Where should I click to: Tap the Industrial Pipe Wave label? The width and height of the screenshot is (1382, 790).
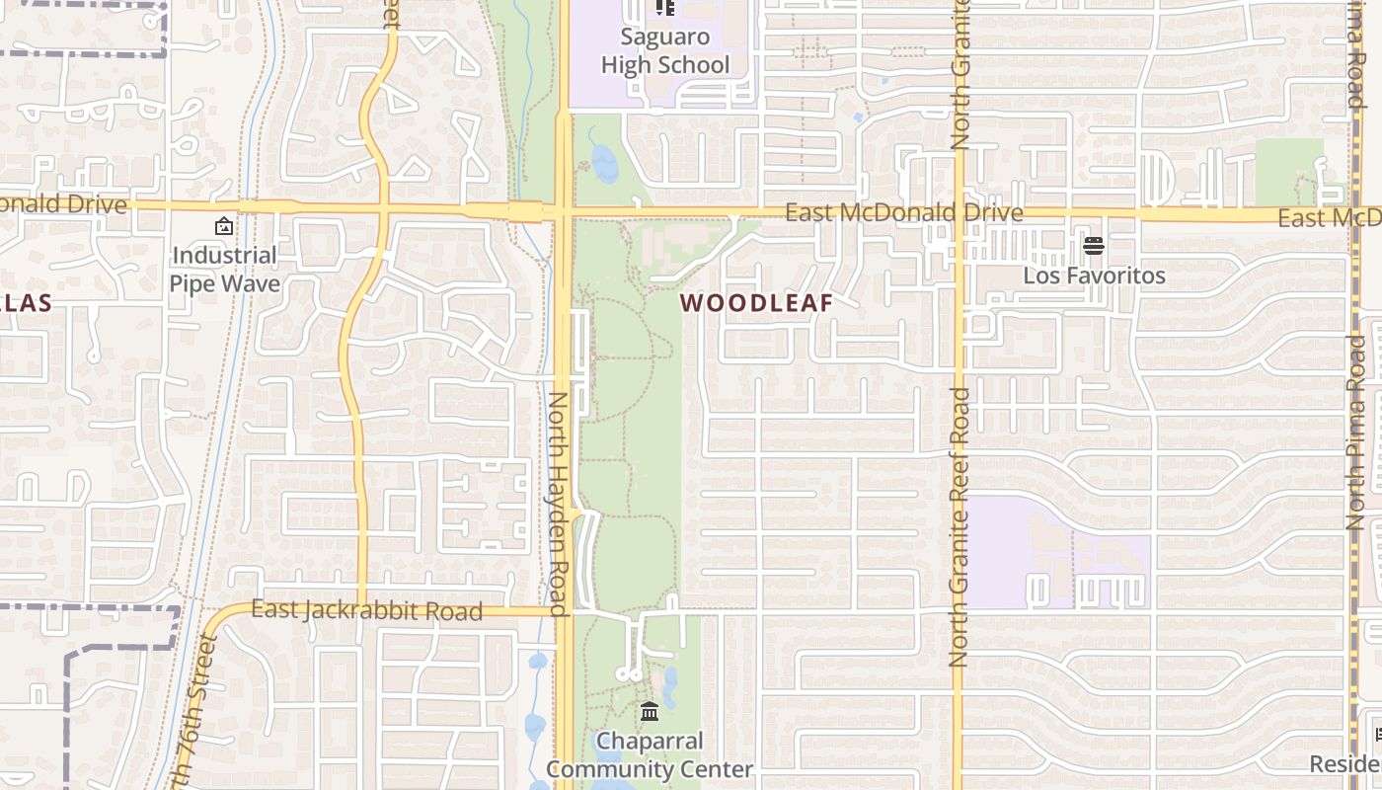coord(224,270)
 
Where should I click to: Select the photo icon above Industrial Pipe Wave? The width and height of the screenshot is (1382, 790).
coord(224,226)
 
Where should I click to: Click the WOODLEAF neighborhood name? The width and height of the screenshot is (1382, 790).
coord(757,303)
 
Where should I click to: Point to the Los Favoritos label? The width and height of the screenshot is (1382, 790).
coord(1094,276)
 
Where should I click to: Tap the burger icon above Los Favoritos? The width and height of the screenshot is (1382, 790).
coord(1093,245)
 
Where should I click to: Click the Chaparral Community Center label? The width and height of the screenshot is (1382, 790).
coord(650,754)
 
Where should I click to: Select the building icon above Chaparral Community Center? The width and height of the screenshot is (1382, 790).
coord(650,711)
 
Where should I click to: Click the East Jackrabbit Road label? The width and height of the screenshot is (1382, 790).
coord(366,610)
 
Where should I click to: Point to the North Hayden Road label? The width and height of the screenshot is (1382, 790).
coord(558,504)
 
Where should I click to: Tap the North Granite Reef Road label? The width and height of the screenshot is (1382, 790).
coord(959,526)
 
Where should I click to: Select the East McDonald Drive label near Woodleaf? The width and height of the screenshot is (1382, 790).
coord(903,212)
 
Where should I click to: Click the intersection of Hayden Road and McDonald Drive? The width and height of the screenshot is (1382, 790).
coord(564,210)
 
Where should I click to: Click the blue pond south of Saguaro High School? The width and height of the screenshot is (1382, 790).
coord(603,164)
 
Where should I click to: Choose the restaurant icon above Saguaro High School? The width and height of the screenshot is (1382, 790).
coord(665,7)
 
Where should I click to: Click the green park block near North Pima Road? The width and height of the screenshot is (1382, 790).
coord(1288,168)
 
